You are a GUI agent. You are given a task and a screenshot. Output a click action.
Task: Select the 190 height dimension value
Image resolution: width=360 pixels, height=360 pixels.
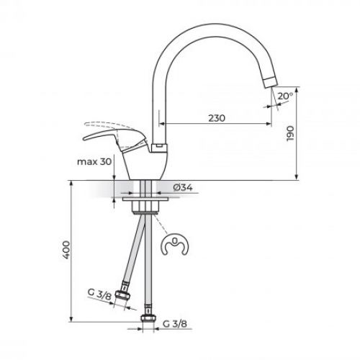click(x=290, y=134)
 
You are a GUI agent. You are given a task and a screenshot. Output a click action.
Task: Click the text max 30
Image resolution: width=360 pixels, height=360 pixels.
click(x=95, y=162)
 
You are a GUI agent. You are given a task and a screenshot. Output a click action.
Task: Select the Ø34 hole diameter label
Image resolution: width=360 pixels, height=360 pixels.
click(x=182, y=189)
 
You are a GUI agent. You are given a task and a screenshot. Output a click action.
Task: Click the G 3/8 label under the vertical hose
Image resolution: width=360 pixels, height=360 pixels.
click(x=175, y=323)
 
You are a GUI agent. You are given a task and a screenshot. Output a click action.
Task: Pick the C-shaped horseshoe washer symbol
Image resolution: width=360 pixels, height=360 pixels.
click(x=174, y=246)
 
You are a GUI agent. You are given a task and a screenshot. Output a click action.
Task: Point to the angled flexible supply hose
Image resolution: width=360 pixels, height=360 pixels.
click(x=135, y=256)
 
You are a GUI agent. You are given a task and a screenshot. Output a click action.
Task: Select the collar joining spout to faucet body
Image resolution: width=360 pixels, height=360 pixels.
click(x=159, y=147)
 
